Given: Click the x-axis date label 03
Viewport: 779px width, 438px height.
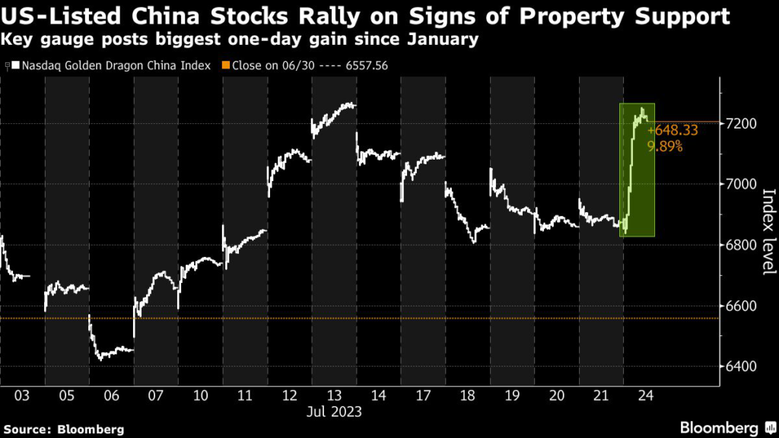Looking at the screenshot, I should click(x=22, y=395).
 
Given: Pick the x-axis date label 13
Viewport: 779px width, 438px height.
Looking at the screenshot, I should click(x=334, y=395).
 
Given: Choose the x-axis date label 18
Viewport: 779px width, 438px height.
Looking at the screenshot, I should click(x=467, y=395).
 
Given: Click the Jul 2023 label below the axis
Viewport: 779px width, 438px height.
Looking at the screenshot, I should click(x=334, y=412).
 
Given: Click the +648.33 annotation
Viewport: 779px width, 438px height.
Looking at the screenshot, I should click(x=672, y=130).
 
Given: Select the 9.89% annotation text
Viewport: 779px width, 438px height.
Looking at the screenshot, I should click(x=664, y=145).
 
